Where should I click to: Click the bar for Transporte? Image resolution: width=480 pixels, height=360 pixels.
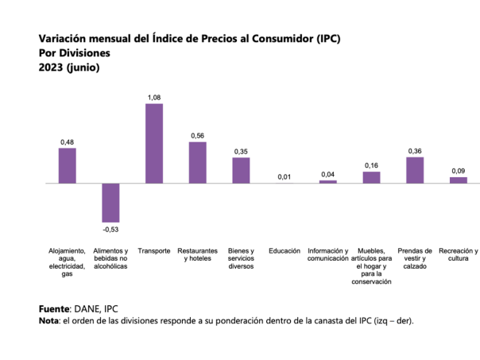pos(154,143)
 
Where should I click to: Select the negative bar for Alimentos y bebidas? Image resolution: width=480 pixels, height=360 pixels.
pos(110,203)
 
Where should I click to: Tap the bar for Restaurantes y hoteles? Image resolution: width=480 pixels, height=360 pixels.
pos(197,162)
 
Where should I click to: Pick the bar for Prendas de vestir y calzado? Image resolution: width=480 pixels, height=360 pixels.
pos(415,170)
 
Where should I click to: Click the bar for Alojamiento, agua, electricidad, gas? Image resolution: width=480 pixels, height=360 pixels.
pos(67,165)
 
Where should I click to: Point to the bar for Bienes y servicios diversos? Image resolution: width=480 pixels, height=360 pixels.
pos(241,170)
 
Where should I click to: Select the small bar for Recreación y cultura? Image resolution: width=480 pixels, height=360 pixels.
pos(459,180)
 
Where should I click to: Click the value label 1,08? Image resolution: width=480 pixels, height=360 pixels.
pos(154,97)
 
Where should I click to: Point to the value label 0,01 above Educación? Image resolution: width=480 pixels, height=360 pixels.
pos(285,176)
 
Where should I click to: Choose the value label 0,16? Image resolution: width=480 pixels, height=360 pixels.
pos(371,165)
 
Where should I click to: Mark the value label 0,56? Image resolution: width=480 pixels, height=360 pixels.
pos(197,135)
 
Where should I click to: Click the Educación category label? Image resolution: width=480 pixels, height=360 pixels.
pos(285,251)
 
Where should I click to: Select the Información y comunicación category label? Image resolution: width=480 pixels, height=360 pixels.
pos(328,254)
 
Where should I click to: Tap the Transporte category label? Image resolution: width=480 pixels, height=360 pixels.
pos(154,251)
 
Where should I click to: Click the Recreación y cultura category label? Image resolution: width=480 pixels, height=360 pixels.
pos(459,254)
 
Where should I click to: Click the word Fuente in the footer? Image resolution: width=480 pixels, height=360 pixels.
pos(54,308)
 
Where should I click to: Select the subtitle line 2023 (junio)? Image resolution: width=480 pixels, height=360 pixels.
pos(69,68)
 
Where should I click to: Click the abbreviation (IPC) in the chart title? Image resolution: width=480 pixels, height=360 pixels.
pos(325,38)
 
